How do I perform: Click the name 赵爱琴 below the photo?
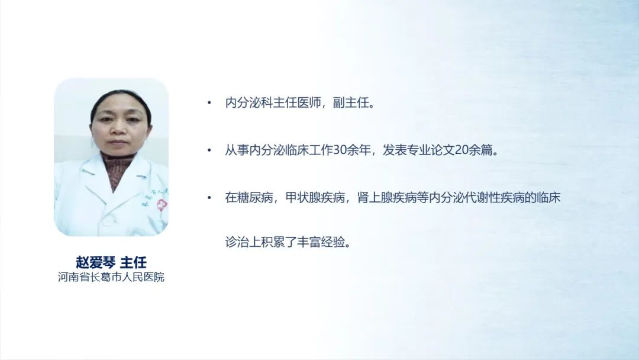coord(96,262)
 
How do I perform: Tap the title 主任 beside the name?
coord(133,262)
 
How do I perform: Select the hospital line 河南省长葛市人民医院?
coord(111,277)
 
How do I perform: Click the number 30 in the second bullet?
coord(340,150)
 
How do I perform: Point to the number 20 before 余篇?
coord(461,150)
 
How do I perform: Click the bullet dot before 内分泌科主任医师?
coord(209,103)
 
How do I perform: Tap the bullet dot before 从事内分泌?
coord(209,150)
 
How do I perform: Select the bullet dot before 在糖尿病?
coord(209,198)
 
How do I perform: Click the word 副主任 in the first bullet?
coord(351,103)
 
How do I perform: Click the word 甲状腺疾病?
coord(315,198)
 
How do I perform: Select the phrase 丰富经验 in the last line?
coord(321,242)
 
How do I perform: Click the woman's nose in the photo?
coord(118,128)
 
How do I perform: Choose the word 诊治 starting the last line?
coord(237,242)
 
